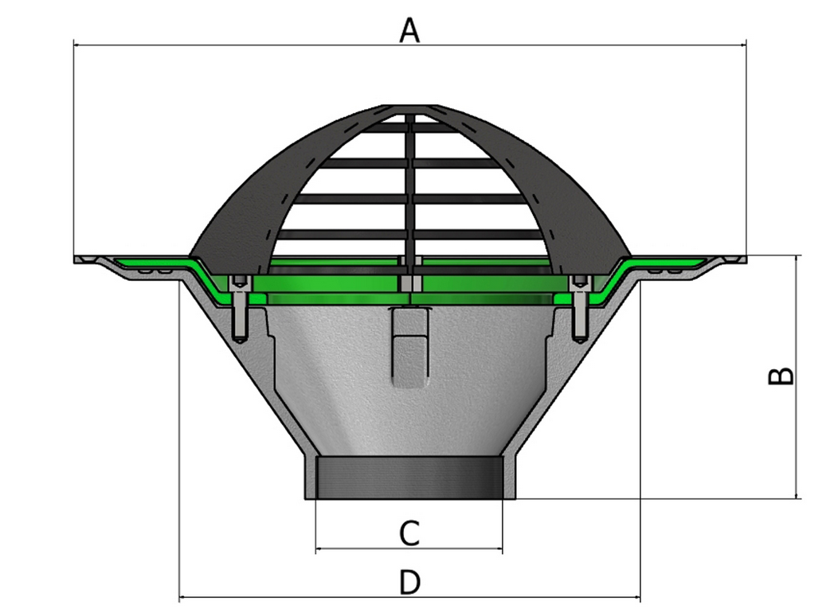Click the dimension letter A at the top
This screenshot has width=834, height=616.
pyautogui.click(x=409, y=31)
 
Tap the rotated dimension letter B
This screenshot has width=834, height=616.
pyautogui.click(x=781, y=376)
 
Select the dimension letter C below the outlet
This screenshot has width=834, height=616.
pyautogui.click(x=409, y=532)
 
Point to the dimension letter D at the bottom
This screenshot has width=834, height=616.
pyautogui.click(x=409, y=583)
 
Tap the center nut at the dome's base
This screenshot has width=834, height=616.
pyautogui.click(x=409, y=284)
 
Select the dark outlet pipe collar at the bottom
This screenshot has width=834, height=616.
pyautogui.click(x=409, y=478)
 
